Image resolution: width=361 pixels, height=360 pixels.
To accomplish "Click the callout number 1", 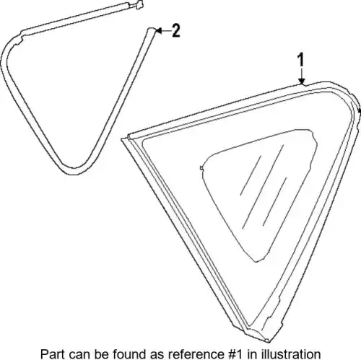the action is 301,60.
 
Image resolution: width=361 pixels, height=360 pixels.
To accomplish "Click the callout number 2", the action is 176,30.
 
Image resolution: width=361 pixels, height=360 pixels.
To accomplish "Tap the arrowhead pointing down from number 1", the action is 301,82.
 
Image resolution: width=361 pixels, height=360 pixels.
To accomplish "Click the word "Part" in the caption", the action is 53,354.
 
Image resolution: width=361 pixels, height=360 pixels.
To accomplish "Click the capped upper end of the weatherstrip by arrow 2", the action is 151,30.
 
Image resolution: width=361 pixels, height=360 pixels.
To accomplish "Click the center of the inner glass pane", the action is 258,190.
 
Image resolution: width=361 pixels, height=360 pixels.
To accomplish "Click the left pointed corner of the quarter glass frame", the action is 123,139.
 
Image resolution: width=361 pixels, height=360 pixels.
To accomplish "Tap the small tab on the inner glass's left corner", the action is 201,168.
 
